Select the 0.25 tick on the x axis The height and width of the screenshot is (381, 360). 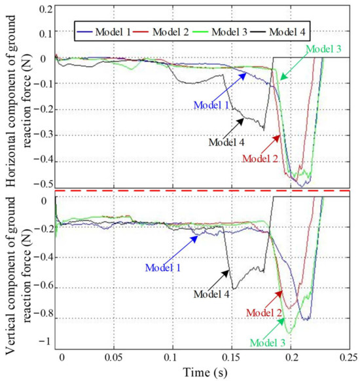click(348, 359)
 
